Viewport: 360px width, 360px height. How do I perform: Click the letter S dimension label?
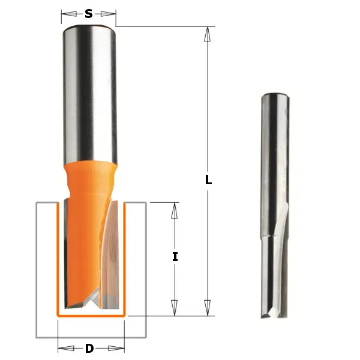tap(89, 13)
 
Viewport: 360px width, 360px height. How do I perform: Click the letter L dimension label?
tap(208, 179)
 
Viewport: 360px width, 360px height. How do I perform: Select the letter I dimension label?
tap(175, 256)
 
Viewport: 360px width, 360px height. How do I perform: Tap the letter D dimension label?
tap(89, 349)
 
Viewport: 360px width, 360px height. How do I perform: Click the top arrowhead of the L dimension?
tap(208, 34)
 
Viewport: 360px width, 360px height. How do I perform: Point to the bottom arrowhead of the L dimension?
tap(208, 308)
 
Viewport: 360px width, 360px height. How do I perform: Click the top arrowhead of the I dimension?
tap(175, 211)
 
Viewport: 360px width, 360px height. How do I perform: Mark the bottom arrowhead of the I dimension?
tap(175, 308)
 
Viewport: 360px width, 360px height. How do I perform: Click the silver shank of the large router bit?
tap(89, 90)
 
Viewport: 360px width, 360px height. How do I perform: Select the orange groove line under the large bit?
tap(90, 314)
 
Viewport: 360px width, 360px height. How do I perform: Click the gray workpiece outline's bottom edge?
tap(90, 337)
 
